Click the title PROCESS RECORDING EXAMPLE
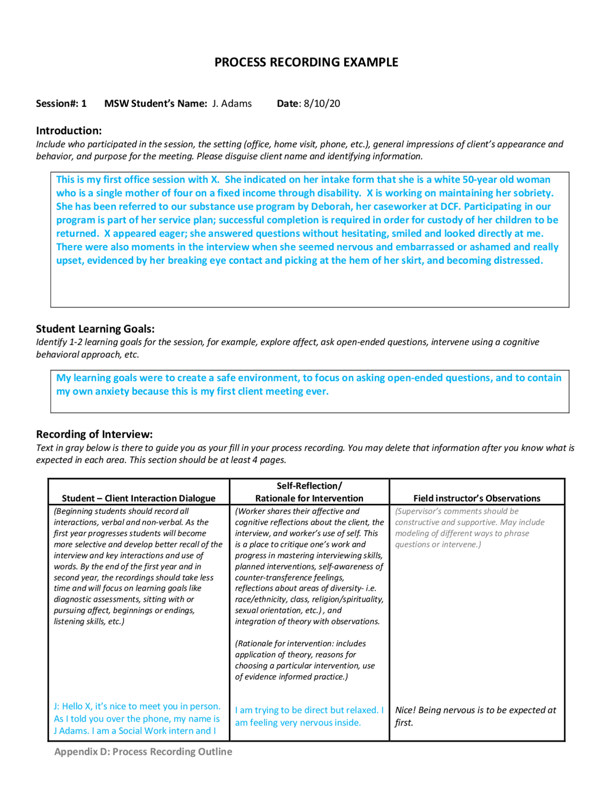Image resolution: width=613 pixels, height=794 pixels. [306, 62]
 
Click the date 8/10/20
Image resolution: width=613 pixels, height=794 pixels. [322, 104]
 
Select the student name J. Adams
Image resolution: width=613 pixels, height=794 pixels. [232, 104]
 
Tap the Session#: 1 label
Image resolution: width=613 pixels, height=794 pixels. [61, 104]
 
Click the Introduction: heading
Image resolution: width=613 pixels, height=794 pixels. [68, 130]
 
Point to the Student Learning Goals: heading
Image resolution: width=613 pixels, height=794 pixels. [95, 329]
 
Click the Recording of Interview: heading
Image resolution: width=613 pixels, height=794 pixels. [94, 434]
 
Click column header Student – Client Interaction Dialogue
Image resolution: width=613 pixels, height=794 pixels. [138, 498]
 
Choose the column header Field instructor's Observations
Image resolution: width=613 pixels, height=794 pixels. [477, 498]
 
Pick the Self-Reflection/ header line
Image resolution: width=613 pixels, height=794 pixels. [309, 486]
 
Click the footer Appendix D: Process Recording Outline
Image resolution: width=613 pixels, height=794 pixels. [143, 752]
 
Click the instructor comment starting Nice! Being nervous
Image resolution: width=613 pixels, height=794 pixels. [475, 711]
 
